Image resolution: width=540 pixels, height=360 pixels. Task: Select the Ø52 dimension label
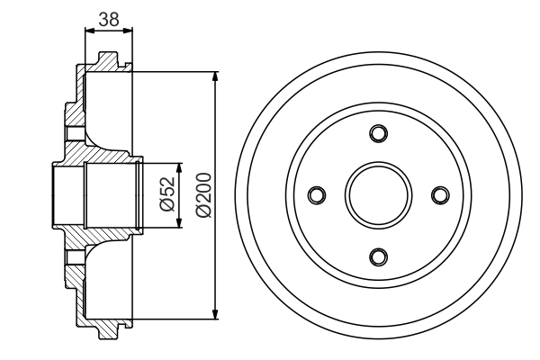coord(166,193)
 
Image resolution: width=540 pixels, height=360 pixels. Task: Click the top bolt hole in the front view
coord(378,134)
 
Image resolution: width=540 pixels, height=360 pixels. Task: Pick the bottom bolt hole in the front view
coord(378,255)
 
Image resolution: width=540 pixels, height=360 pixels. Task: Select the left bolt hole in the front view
coord(317,194)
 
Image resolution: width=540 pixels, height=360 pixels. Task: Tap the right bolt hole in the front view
coord(439,194)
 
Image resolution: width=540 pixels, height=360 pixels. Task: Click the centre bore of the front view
coord(378,194)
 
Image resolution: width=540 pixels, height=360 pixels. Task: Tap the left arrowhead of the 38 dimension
coord(88,29)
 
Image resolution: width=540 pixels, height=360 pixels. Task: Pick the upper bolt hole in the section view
coord(76,134)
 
